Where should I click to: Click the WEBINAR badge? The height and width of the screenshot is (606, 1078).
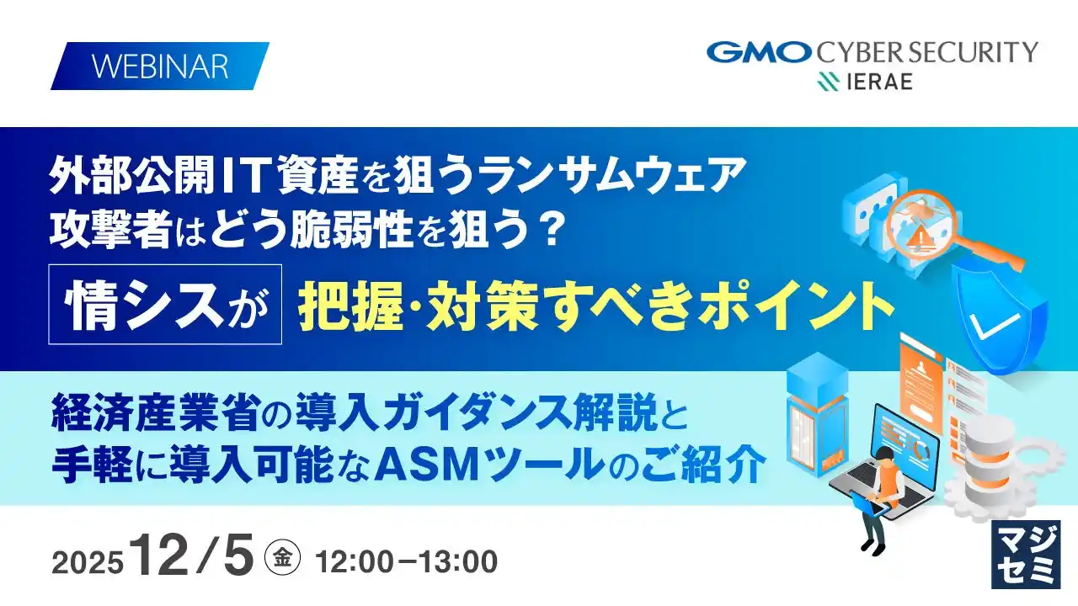pyautogui.click(x=160, y=66)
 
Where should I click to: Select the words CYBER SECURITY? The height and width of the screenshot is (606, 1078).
pyautogui.click(x=926, y=52)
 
